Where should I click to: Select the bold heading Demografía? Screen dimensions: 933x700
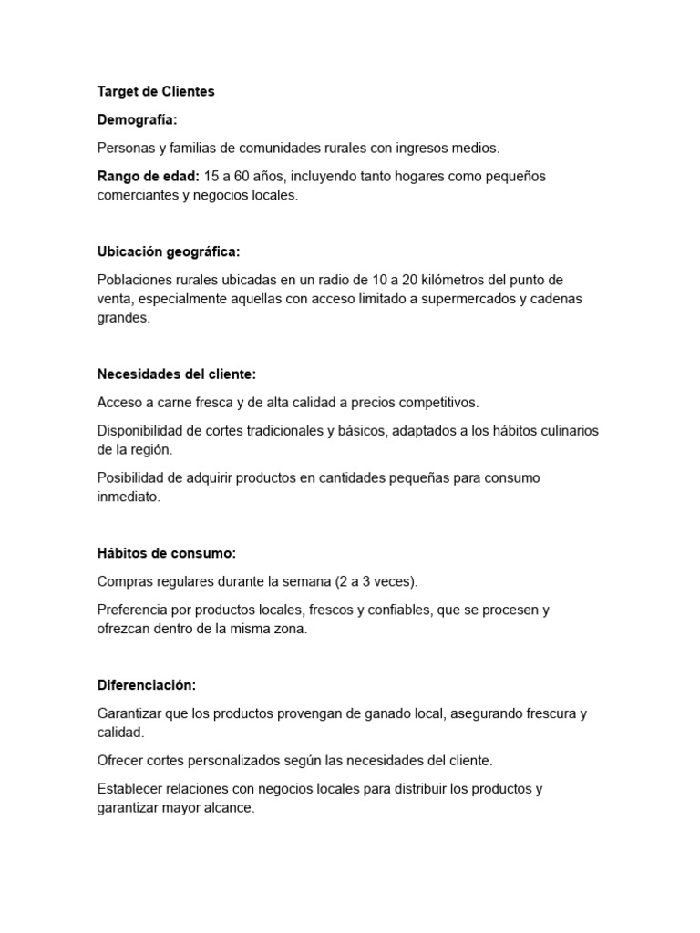click(138, 119)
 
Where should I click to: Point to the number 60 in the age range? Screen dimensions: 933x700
click(237, 176)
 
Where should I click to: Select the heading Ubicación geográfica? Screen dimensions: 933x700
click(169, 251)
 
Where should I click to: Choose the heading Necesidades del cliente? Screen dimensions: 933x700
click(177, 374)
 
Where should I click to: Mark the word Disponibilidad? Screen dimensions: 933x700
click(141, 430)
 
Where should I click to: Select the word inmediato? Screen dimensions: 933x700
click(129, 497)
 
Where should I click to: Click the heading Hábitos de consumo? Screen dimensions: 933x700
click(167, 553)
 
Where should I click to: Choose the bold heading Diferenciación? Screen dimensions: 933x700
click(147, 685)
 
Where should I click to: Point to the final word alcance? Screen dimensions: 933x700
click(226, 807)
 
